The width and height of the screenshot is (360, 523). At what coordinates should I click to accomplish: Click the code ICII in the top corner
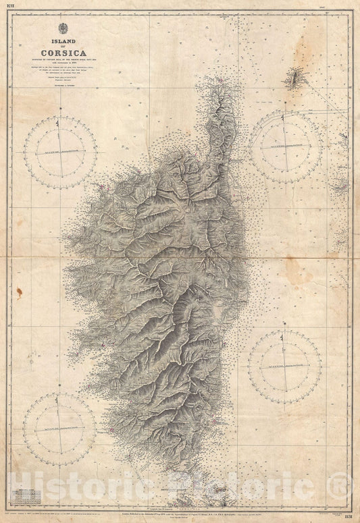tap(11, 5)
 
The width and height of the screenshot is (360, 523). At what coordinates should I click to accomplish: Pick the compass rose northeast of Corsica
tap(286, 146)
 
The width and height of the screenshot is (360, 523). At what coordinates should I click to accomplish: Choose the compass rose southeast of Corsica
tap(284, 366)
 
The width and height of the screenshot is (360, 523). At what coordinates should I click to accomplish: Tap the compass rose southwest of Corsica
tap(59, 429)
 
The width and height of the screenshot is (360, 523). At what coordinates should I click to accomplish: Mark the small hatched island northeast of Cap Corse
tap(294, 79)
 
